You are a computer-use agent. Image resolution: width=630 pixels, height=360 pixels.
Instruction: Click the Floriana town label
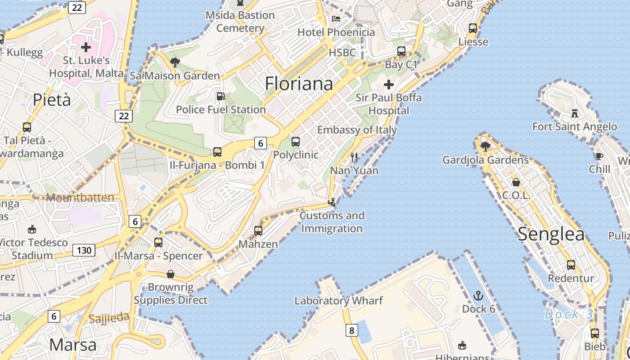click(299, 84)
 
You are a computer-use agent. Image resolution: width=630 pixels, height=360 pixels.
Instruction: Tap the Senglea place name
click(551, 234)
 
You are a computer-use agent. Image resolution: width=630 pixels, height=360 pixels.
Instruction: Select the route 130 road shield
click(84, 250)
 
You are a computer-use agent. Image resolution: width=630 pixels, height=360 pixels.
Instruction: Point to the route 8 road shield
click(351, 331)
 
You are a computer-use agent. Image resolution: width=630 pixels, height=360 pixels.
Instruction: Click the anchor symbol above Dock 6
click(478, 296)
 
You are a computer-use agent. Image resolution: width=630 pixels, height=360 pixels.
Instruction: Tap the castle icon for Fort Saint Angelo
click(574, 112)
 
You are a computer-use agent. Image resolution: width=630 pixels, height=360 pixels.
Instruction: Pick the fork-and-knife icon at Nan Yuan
click(354, 157)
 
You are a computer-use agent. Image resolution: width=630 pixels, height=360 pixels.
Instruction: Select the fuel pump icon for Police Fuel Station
click(220, 96)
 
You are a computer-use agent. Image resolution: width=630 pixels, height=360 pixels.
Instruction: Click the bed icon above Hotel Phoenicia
click(336, 18)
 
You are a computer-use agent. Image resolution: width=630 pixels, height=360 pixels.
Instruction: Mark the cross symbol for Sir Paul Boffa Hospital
click(389, 84)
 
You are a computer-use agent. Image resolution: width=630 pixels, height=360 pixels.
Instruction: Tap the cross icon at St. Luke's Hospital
click(86, 47)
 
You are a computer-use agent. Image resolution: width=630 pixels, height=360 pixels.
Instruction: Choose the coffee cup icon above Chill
click(599, 156)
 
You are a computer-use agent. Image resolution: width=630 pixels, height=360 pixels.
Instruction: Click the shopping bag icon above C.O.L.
click(516, 182)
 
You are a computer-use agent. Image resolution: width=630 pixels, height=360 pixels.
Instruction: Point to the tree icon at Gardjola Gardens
click(485, 146)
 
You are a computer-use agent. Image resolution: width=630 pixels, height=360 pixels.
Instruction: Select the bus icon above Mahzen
click(258, 231)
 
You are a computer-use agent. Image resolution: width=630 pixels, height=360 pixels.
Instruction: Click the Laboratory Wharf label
click(338, 301)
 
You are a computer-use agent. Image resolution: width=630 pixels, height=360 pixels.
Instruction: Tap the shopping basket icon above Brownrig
click(171, 274)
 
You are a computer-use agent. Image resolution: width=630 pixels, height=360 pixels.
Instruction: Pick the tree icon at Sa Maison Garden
click(175, 63)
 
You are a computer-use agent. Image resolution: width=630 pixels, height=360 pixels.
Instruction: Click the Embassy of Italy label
click(357, 130)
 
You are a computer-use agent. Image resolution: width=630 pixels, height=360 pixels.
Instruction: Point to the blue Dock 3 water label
click(568, 314)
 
